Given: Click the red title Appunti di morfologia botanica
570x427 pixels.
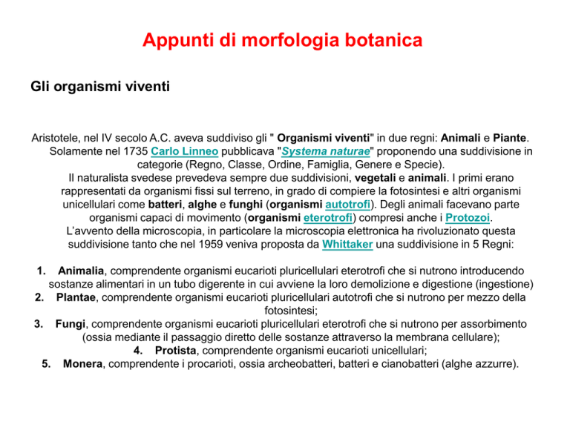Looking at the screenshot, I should pyautogui.click(x=283, y=40).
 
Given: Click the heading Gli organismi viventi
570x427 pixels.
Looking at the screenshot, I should pyautogui.click(x=100, y=87).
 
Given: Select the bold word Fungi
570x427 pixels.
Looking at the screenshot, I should pyautogui.click(x=71, y=324).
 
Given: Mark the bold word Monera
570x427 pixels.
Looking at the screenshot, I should pyautogui.click(x=85, y=364).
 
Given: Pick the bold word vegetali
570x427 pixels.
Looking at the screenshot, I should pyautogui.click(x=359, y=176).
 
